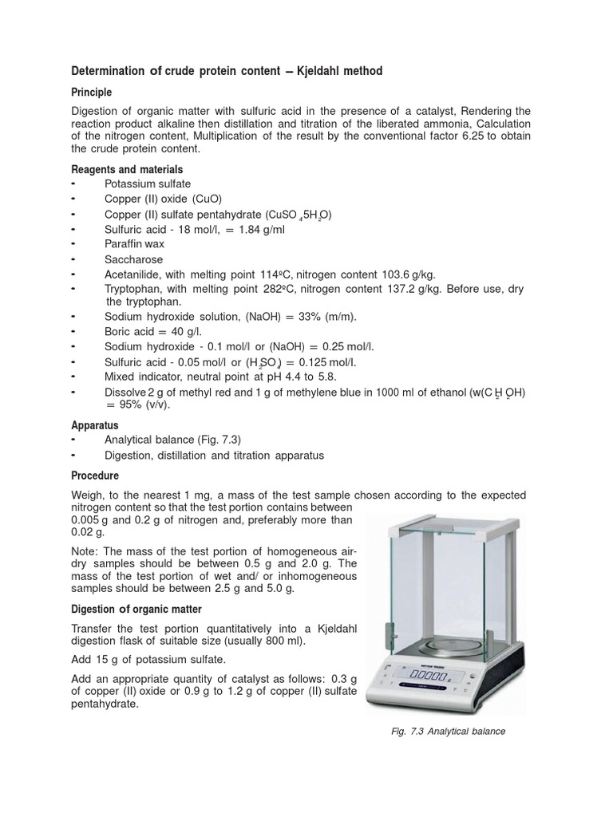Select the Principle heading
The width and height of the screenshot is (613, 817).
pyautogui.click(x=92, y=93)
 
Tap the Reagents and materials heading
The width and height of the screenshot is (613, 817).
pyautogui.click(x=127, y=170)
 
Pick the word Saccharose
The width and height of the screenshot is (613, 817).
pyautogui.click(x=133, y=260)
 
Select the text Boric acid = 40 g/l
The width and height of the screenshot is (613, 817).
pyautogui.click(x=155, y=332)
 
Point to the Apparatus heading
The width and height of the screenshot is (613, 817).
pyautogui.click(x=95, y=425)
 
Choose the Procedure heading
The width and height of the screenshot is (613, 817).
pyautogui.click(x=95, y=475)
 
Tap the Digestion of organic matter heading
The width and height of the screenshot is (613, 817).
pyautogui.click(x=136, y=609)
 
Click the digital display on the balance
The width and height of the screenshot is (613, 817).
pyautogui.click(x=430, y=677)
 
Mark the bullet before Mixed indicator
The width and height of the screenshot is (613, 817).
pyautogui.click(x=73, y=376)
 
